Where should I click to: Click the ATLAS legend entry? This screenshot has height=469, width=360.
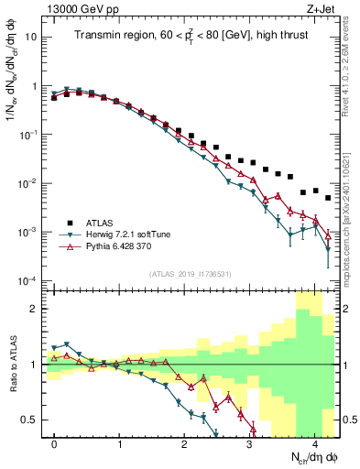[100, 222]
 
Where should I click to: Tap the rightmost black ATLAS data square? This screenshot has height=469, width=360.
[328, 198]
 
